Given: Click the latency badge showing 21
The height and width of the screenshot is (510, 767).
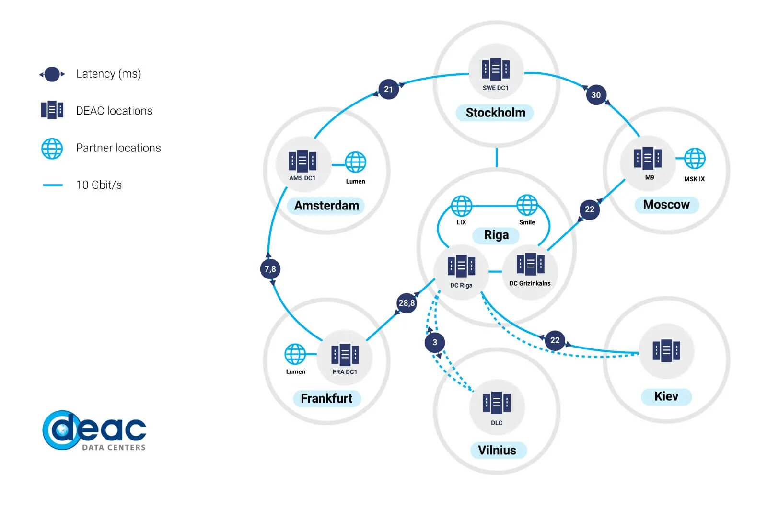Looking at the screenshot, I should coord(388,89).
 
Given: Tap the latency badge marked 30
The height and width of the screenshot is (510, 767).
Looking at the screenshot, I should coord(596,95).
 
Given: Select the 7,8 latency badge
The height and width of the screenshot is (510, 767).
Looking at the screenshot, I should coord(270,269).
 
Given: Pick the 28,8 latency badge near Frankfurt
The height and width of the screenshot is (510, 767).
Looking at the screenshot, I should coord(407,303).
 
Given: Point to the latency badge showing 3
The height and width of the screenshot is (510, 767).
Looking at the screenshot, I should coord(435,342).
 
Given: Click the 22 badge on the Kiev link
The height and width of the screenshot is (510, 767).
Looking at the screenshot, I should coord(555,340).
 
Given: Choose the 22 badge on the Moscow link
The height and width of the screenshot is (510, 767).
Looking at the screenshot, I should coord(590,209).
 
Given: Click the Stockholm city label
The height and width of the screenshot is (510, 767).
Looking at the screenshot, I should coord(495,113).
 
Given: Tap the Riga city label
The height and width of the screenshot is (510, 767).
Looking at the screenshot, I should coord(496,235).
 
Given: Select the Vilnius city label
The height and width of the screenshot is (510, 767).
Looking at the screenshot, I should coord(497,450).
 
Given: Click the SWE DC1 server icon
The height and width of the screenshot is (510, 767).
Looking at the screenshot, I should coord(496,70).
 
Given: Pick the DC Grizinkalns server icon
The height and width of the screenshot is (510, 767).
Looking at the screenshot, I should coord(530,264).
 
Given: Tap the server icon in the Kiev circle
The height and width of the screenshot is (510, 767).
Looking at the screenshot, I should coord(666,350).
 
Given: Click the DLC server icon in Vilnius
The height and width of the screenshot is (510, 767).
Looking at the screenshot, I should coord(497,403).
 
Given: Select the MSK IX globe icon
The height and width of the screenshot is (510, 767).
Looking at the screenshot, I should coord(694,159).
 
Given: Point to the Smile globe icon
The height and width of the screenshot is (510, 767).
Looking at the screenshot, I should coord(527,205).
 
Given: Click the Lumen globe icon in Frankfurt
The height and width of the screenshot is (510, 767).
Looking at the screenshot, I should coord(295,354).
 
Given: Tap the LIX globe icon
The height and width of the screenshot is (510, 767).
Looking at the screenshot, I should coord(462,206).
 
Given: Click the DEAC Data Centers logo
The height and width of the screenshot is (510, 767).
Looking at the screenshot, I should coord(94,430).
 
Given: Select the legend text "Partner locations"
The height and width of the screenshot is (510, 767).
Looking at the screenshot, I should coord(118,148).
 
